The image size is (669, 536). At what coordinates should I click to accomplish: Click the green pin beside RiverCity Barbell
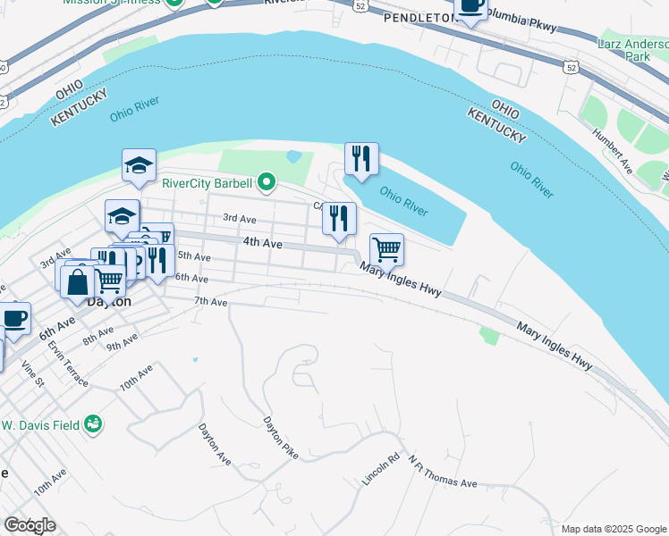click(x=267, y=184)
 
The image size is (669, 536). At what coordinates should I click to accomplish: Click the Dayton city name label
click(x=109, y=302)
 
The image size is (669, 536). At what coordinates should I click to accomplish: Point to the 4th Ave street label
click(x=262, y=243)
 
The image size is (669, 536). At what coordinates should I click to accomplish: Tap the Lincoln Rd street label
click(x=379, y=468)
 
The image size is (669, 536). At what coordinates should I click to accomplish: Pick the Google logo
click(x=30, y=524)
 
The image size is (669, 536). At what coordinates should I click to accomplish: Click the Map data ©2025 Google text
click(x=614, y=529)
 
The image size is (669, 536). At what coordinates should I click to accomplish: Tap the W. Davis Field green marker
click(x=93, y=425)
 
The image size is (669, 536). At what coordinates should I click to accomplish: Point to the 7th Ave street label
click(x=212, y=302)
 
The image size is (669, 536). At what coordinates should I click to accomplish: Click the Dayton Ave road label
click(x=215, y=444)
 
